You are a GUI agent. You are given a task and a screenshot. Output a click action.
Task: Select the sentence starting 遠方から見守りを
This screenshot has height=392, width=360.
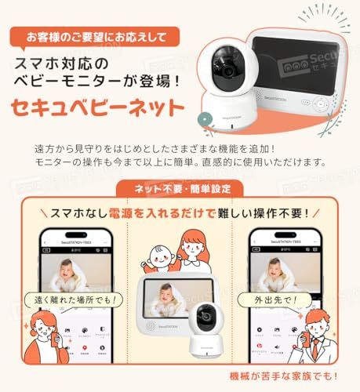[178, 148]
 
